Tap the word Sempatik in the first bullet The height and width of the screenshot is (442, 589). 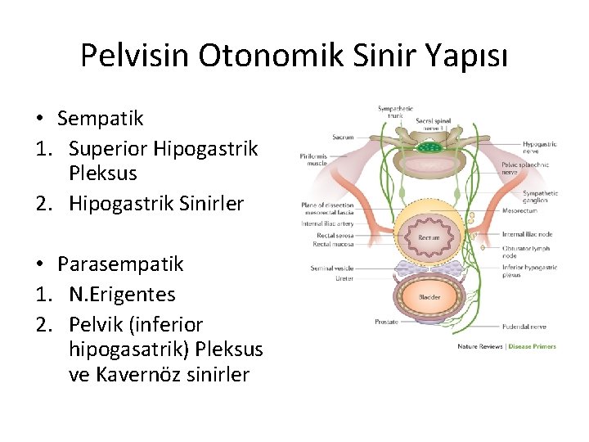click(100, 119)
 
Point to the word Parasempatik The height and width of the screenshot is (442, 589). click(120, 264)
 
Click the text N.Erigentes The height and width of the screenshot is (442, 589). click(122, 294)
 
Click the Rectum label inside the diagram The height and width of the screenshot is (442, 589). click(429, 237)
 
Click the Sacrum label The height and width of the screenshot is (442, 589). click(343, 138)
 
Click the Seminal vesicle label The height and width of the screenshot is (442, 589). click(332, 268)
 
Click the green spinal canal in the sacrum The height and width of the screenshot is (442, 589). click(428, 148)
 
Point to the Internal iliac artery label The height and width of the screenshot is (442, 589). click(327, 223)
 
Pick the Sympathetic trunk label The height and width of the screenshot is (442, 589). click(395, 110)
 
